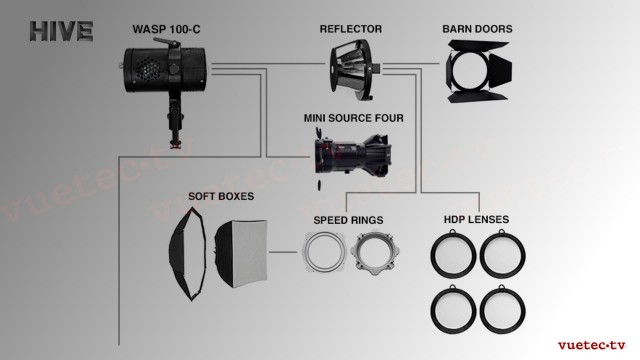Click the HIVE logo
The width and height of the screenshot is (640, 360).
click(61, 31)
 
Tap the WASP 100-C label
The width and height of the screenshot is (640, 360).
click(166, 29)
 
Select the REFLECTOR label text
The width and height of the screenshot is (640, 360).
click(351, 29)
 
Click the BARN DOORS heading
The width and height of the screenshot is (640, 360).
click(477, 29)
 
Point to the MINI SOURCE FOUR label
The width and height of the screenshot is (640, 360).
click(353, 118)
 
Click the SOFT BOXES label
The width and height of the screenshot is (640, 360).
click(221, 196)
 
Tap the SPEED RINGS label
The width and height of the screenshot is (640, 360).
click(348, 220)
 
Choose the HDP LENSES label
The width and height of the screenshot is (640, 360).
click(476, 219)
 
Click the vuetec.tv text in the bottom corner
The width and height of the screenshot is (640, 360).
click(591, 345)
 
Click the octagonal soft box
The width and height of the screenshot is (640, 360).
click(188, 254)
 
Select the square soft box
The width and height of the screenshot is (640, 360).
click(241, 253)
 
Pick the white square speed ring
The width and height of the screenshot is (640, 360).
click(324, 252)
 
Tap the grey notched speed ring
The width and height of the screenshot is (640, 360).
click(375, 253)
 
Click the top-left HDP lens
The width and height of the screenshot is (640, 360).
click(453, 254)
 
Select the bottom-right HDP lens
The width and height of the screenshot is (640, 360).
click(502, 309)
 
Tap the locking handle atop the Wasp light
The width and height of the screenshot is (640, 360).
click(167, 42)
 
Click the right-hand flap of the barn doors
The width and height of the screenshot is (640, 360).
click(500, 70)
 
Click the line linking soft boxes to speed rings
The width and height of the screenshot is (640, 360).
click(283, 252)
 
